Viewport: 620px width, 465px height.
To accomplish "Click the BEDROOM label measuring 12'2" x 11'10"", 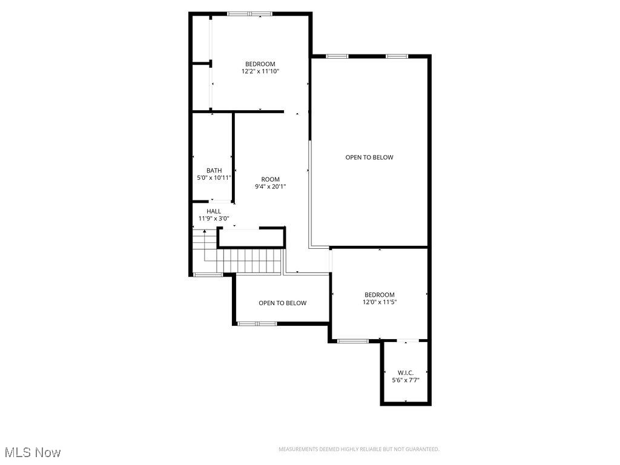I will click(x=260, y=64).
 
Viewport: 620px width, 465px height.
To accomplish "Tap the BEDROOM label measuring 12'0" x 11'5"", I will click(x=380, y=295).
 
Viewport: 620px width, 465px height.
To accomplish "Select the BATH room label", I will click(x=214, y=171).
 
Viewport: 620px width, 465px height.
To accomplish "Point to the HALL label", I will click(x=214, y=211).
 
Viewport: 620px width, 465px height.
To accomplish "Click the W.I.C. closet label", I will click(x=406, y=372).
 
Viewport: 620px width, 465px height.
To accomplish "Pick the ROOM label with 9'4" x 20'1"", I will click(x=271, y=179).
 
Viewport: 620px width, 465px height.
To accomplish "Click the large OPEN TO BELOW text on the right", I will click(x=369, y=157).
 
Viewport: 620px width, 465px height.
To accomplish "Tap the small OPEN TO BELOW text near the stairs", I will click(x=282, y=303).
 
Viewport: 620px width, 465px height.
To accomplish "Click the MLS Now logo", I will click(x=32, y=452).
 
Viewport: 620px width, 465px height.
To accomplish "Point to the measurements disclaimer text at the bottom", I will click(x=358, y=449).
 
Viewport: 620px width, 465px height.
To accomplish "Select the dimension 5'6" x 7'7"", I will click(x=406, y=380).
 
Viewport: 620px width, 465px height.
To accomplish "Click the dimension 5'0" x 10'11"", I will click(x=214, y=178).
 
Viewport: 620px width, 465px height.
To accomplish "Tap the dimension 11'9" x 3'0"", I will click(x=214, y=219).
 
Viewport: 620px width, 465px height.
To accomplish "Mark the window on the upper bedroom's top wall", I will click(x=249, y=13).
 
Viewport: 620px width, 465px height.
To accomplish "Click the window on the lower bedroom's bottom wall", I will click(x=352, y=341).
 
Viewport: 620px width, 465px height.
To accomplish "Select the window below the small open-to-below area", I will click(x=257, y=324).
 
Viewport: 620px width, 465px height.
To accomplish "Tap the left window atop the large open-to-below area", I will click(x=337, y=56).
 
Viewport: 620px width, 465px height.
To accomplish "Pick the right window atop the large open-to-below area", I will click(x=397, y=56).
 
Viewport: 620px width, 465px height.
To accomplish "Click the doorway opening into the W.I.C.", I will click(x=407, y=341).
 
